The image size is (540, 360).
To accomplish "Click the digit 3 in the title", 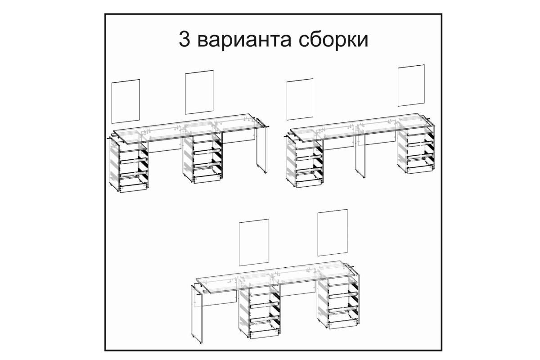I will pos(184,39).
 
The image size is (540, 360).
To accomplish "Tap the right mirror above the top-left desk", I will pos(199,92).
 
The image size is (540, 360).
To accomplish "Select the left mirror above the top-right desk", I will pos(300,99).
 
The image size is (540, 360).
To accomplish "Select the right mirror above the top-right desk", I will pos(411,85).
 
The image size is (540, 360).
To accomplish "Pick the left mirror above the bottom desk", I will pos(254,242).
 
